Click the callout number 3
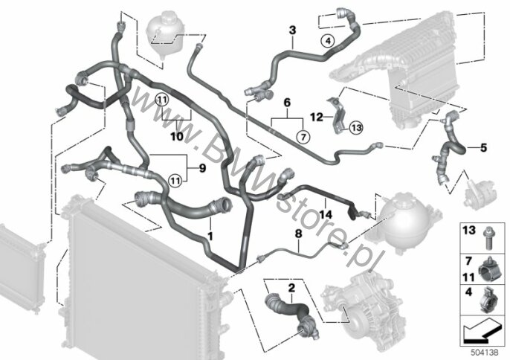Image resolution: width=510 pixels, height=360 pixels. [x=293, y=30]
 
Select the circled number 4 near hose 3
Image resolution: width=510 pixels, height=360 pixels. [x=328, y=41]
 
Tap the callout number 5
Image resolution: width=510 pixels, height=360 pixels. [x=484, y=148]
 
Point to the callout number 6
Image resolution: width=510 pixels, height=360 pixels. [x=287, y=103]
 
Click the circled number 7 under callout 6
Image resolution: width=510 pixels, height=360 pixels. [x=303, y=138]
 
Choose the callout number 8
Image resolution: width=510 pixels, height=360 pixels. [x=298, y=233]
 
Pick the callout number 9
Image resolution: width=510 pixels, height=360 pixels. [x=202, y=168]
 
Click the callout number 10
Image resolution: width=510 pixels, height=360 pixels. [x=177, y=136]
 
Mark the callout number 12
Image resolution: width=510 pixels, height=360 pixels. [x=317, y=117]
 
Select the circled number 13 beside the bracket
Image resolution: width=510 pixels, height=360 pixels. [x=357, y=128]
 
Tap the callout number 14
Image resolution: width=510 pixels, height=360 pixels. [x=326, y=214]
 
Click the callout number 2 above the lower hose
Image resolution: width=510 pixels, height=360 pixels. [x=291, y=288]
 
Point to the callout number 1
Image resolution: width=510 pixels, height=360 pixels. [x=210, y=236]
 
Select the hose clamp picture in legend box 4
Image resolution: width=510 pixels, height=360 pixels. [x=488, y=299]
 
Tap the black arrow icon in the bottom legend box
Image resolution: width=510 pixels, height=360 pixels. [x=481, y=333]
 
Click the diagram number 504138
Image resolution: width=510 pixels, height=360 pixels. [x=484, y=352]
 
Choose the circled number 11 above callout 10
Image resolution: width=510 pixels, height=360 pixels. [x=162, y=100]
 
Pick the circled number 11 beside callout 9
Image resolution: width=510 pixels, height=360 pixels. [x=175, y=180]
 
